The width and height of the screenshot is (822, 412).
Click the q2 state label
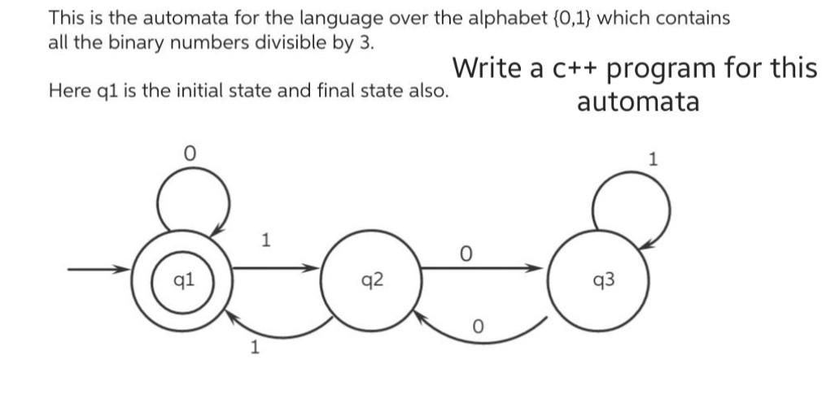[x=372, y=281]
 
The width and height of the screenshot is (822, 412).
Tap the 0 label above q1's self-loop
[x=190, y=152]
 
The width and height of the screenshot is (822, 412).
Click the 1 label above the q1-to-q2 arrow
[x=264, y=240]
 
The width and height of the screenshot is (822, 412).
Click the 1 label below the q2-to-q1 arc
[x=255, y=349]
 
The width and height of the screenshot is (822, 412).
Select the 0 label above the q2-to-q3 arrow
[x=465, y=254]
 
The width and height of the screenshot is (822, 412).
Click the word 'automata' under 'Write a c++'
[x=637, y=102]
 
